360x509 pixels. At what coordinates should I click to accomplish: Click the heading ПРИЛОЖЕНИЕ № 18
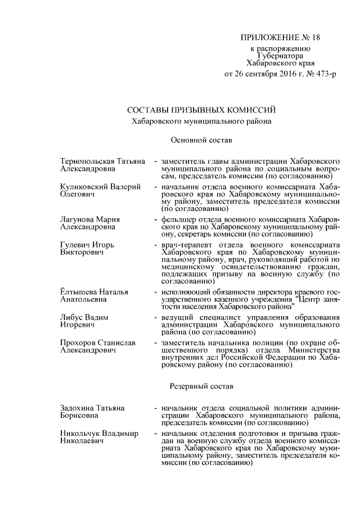coord(280,38)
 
